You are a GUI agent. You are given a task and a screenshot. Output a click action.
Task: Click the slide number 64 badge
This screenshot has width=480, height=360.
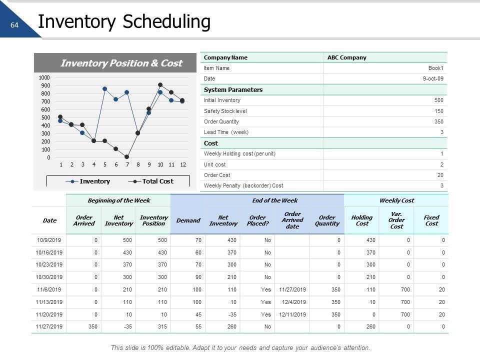click(x=14, y=25)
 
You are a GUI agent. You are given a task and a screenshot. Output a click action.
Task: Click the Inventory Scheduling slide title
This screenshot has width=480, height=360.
click(x=124, y=22)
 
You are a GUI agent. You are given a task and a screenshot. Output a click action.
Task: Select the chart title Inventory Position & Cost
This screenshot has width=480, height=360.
click(x=121, y=63)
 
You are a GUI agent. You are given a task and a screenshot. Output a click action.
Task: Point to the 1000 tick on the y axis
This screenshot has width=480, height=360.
click(x=44, y=77)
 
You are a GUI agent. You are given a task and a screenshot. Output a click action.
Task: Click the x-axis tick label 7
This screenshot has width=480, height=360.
click(x=127, y=164)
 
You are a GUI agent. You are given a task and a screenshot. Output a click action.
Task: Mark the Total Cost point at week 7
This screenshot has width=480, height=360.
click(x=127, y=157)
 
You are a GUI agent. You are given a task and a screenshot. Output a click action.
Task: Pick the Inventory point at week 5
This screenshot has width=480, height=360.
click(x=105, y=89)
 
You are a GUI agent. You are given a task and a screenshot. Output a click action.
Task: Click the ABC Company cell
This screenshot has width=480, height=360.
click(x=347, y=57)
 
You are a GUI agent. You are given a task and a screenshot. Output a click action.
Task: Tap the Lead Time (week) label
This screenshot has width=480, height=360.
click(x=226, y=132)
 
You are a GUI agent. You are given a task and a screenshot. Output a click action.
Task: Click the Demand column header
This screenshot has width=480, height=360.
click(x=188, y=220)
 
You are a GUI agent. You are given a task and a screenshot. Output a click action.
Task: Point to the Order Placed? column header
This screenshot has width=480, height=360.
click(x=257, y=220)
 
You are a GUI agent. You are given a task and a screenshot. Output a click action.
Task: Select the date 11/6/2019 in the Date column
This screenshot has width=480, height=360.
click(x=49, y=289)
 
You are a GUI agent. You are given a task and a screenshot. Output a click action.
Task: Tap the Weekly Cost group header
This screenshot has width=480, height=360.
click(x=396, y=200)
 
